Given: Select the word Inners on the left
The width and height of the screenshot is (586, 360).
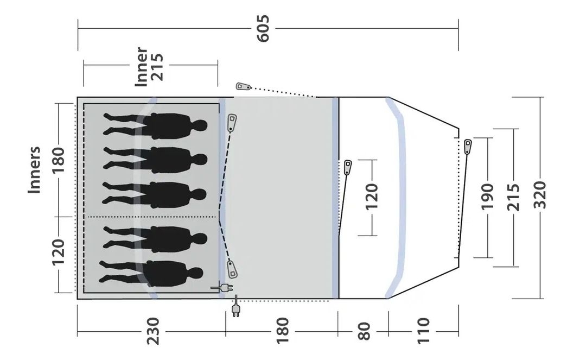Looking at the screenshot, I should point(35,169).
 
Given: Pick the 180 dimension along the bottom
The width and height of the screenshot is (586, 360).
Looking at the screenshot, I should point(282,330).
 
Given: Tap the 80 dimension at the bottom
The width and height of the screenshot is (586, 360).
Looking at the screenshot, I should point(364,330).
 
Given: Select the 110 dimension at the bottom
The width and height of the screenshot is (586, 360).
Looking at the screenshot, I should point(424,330).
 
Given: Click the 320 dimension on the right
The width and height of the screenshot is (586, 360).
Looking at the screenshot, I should point(540,197).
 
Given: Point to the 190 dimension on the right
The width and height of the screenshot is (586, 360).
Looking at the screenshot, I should point(487,197).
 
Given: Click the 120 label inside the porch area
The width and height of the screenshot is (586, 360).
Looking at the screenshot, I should point(372,197).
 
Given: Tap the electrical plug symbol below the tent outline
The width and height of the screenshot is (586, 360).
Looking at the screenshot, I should point(235,310).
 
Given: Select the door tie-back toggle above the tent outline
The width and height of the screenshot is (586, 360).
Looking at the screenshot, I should point(244,86).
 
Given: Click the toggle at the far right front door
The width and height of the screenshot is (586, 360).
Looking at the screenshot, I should point(468,146).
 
